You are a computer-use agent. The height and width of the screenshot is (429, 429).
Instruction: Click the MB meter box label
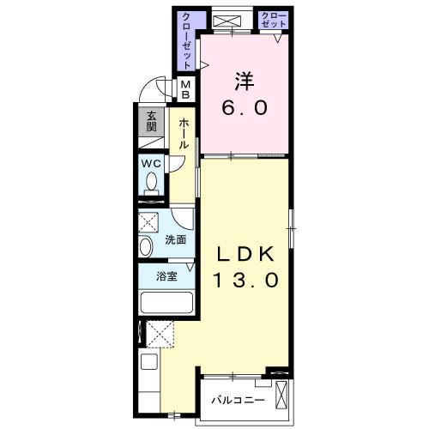click(x=186, y=89)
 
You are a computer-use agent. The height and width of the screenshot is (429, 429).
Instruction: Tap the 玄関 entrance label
click(x=151, y=121)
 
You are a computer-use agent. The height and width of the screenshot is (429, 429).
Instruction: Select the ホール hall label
click(x=184, y=134)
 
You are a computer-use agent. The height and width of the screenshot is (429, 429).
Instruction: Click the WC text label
click(x=152, y=164)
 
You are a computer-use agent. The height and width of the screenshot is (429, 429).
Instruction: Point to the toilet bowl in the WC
click(x=151, y=182)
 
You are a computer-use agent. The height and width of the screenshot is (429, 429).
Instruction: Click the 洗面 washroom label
click(x=175, y=239)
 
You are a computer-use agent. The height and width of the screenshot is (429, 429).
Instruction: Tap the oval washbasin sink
click(x=146, y=246)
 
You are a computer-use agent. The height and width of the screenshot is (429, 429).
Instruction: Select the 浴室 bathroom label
click(x=166, y=276)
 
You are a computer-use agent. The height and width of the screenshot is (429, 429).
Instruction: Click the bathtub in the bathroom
click(x=166, y=302)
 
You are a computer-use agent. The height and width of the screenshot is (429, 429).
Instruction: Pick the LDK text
click(x=245, y=254)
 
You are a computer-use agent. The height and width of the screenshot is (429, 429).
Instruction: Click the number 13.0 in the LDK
click(x=245, y=280)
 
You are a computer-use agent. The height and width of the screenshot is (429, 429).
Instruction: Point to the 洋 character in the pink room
click(x=245, y=82)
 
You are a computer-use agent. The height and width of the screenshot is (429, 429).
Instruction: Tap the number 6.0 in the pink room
click(x=245, y=108)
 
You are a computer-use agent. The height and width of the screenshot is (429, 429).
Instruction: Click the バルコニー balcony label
click(x=238, y=400)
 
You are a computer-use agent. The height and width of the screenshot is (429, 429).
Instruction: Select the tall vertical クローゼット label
click(x=186, y=40)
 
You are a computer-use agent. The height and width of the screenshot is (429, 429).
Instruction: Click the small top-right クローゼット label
click(x=274, y=20)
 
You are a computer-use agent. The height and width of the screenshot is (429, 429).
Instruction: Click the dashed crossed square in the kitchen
click(x=160, y=334)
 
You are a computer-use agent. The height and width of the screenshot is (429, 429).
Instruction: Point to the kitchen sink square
click(x=149, y=362)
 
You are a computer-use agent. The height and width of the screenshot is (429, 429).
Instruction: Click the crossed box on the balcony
click(x=281, y=395)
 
